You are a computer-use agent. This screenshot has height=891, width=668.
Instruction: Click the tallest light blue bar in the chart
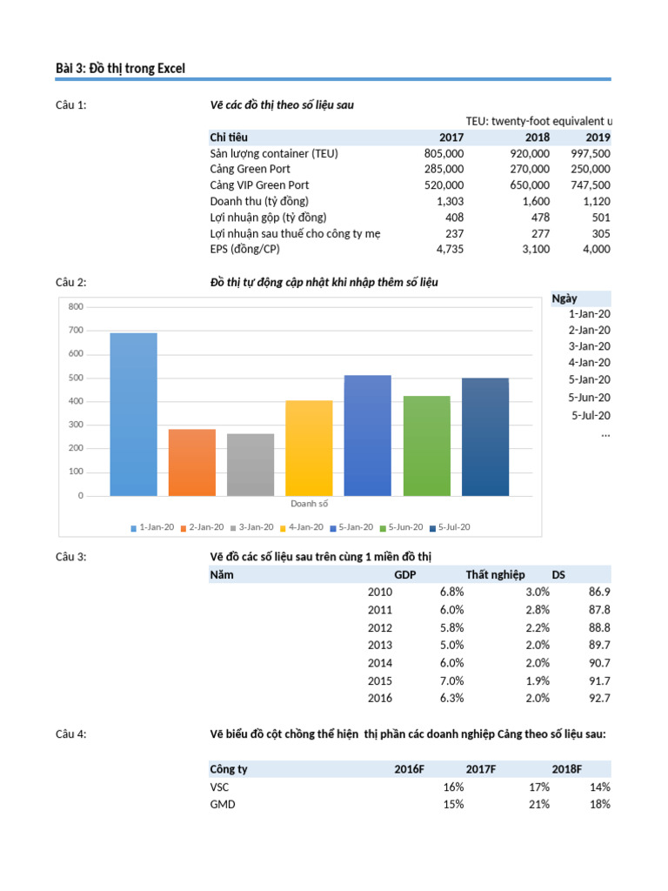coord(133,414)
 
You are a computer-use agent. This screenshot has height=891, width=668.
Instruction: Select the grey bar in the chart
coord(250,465)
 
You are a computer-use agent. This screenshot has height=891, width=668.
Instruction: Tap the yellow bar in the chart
coord(309,447)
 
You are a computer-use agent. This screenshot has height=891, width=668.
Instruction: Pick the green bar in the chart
coord(426,445)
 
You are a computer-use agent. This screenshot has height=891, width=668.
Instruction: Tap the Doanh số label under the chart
coord(309,503)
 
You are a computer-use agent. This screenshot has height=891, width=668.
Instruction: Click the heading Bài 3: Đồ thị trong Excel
coord(120,68)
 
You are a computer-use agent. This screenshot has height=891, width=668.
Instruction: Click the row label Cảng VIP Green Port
coord(259,185)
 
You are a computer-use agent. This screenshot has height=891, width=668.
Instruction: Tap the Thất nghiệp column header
coord(495,574)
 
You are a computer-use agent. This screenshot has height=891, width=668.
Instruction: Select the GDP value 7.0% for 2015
coord(451,680)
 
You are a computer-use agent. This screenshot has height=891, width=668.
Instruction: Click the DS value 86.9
coord(599,592)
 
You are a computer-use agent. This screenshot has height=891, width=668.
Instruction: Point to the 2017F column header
coord(480,769)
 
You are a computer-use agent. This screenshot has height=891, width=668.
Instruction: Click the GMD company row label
coord(222,804)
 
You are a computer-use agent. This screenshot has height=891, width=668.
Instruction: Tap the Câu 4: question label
coord(71,734)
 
